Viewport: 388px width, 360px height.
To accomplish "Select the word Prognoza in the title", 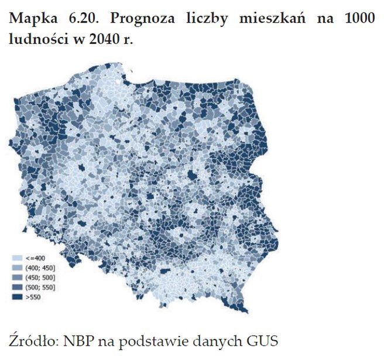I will tap(146, 19).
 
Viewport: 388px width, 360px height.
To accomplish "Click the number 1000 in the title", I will tap(357, 19).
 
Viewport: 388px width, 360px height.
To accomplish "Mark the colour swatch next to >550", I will tap(16, 297).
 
